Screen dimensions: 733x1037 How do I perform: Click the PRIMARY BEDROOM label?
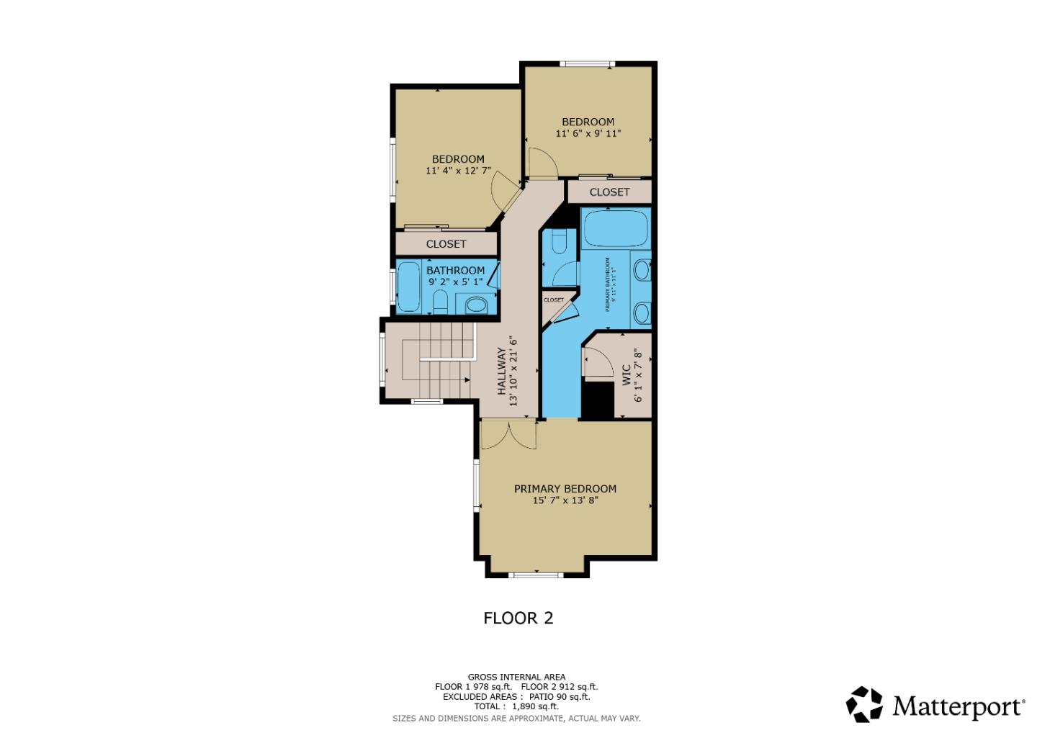pos(565,488)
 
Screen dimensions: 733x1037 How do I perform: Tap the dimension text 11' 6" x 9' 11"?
pos(588,133)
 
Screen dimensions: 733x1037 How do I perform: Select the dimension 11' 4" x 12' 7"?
pos(458,171)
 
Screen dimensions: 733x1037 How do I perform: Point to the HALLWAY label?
pos(502,372)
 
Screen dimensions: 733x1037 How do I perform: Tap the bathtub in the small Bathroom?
pos(408,287)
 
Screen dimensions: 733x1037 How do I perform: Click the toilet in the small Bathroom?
pos(440,303)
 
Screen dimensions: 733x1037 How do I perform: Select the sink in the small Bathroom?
pos(475,305)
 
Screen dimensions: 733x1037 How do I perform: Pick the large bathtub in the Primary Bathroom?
pos(616,228)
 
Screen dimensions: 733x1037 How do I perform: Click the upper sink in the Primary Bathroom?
pos(642,270)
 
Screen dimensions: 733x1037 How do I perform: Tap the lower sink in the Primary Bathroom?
pos(642,312)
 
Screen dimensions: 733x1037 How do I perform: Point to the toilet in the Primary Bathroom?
pos(558,241)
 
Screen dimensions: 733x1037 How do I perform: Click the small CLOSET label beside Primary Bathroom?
pos(554,300)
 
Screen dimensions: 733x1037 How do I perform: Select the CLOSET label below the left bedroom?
pos(446,244)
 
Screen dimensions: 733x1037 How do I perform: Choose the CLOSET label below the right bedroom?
pos(609,192)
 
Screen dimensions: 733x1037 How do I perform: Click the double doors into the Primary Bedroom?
pos(508,434)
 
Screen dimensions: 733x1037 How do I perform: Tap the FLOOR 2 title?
pos(518,618)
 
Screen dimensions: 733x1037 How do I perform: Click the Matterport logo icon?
pos(863,704)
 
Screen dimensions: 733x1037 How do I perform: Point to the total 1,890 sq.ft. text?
pos(516,706)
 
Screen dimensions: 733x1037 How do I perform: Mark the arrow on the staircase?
pos(446,359)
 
